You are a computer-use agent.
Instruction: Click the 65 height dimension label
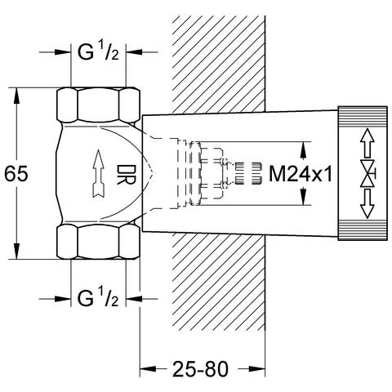tap(16, 173)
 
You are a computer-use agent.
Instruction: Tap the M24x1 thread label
tap(301, 174)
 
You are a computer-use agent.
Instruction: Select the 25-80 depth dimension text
tap(200, 369)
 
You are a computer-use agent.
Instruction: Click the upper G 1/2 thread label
tap(98, 52)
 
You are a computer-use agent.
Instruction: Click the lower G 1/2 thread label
tap(98, 299)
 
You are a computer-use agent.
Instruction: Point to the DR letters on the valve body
tap(126, 175)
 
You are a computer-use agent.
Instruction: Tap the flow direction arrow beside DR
tap(98, 173)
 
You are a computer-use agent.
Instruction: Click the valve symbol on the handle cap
tap(367, 173)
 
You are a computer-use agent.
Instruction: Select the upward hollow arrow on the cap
tap(367, 143)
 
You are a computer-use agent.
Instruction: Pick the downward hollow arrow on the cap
tap(367, 203)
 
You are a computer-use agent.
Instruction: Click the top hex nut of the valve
tap(98, 105)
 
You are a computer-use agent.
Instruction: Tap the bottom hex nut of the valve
tap(98, 242)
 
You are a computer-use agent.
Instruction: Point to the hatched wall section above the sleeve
tap(219, 65)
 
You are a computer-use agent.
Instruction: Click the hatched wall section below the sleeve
tap(219, 281)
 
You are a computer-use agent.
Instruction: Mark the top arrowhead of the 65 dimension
tap(16, 96)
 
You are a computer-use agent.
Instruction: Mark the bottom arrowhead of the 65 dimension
tap(16, 252)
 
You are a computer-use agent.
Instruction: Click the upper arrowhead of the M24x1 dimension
tap(303, 149)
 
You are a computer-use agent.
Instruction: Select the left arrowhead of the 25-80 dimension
tap(148, 369)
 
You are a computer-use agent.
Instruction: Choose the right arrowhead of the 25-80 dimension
tap(257, 369)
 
